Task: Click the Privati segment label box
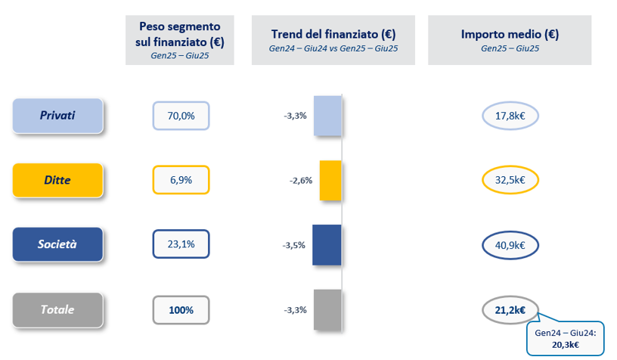57,116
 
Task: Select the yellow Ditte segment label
57,181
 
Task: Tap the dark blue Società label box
57,245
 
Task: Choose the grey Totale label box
57,309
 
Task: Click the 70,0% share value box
181,116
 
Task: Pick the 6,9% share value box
181,181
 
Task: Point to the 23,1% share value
181,245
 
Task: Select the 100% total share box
181,309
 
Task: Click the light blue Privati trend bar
327,116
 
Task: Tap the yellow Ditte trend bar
330,181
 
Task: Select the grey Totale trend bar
327,309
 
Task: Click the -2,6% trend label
300,181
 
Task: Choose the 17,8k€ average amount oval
510,116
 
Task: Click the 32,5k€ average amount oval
510,181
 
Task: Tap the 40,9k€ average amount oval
510,245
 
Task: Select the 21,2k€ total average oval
510,309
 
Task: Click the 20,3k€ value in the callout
566,344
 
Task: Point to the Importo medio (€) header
510,34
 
